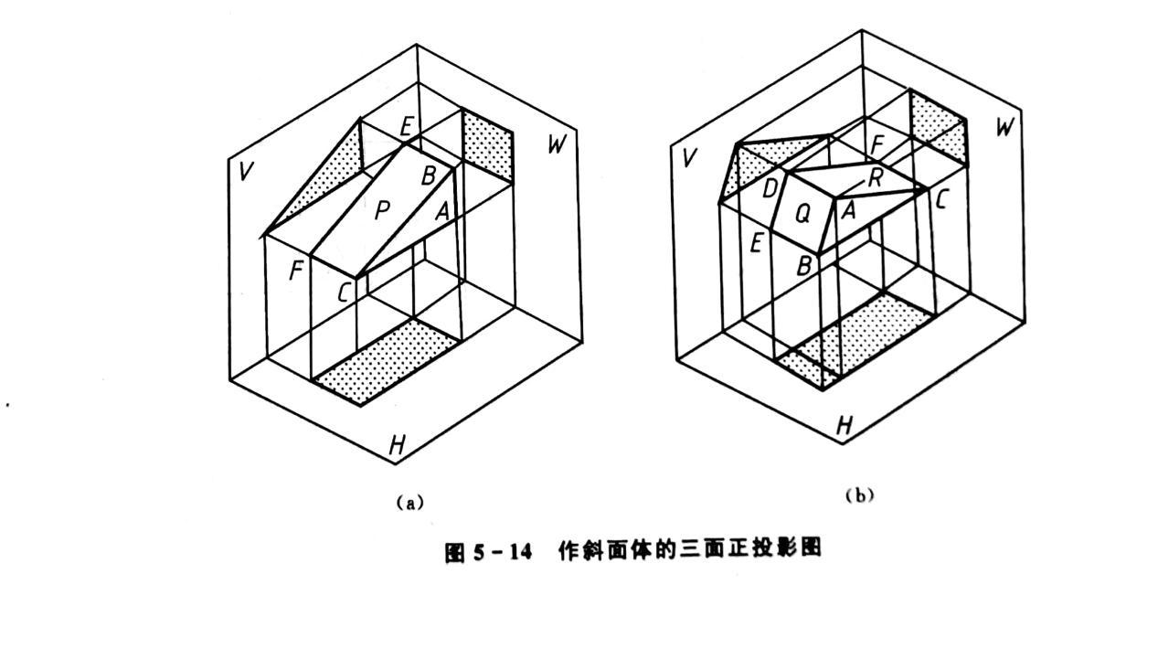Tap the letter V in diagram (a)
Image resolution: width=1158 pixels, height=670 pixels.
244,171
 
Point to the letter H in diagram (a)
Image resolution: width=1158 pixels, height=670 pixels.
397,445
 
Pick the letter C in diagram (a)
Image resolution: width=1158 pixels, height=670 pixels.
344,292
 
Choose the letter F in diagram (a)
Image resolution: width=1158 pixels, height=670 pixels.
295,271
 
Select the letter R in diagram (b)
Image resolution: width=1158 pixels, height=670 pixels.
875,177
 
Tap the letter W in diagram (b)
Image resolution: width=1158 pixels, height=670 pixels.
1004,127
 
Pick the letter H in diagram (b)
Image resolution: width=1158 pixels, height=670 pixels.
845,424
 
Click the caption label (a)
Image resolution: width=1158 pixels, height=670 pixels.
409,502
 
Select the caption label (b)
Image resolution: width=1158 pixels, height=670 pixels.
859,495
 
